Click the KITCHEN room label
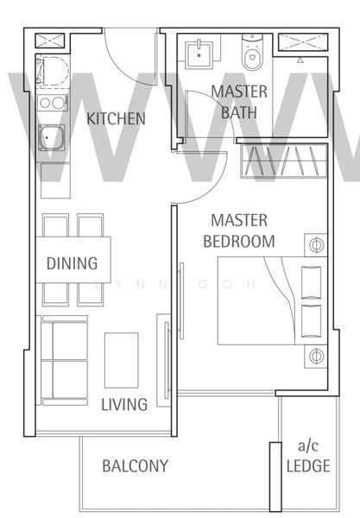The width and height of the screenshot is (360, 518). tap(116, 118)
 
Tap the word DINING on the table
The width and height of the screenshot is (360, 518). tap(72, 263)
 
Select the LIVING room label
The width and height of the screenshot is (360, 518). tap(124, 405)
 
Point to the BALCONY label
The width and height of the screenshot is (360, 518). tap(135, 466)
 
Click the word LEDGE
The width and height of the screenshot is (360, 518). tap(308, 466)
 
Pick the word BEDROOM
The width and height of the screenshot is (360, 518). tap(239, 241)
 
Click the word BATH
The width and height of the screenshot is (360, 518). tap(239, 112)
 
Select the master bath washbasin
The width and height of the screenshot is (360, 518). tap(199, 54)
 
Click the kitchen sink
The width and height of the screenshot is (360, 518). tap(51, 137)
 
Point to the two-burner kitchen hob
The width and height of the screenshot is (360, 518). tap(52, 103)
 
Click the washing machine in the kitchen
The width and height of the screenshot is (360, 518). tap(53, 72)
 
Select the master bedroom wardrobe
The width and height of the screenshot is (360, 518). tap(284, 161)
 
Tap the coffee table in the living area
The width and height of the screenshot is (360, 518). tap(121, 360)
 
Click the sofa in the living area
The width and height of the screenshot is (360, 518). tap(63, 360)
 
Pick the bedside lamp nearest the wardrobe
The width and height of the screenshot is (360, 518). tap(316, 245)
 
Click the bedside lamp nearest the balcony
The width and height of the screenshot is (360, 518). tap(316, 356)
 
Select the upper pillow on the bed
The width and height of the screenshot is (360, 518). tap(311, 282)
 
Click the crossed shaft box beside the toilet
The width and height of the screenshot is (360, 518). tap(303, 42)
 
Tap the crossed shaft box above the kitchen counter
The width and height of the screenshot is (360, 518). tap(50, 41)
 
